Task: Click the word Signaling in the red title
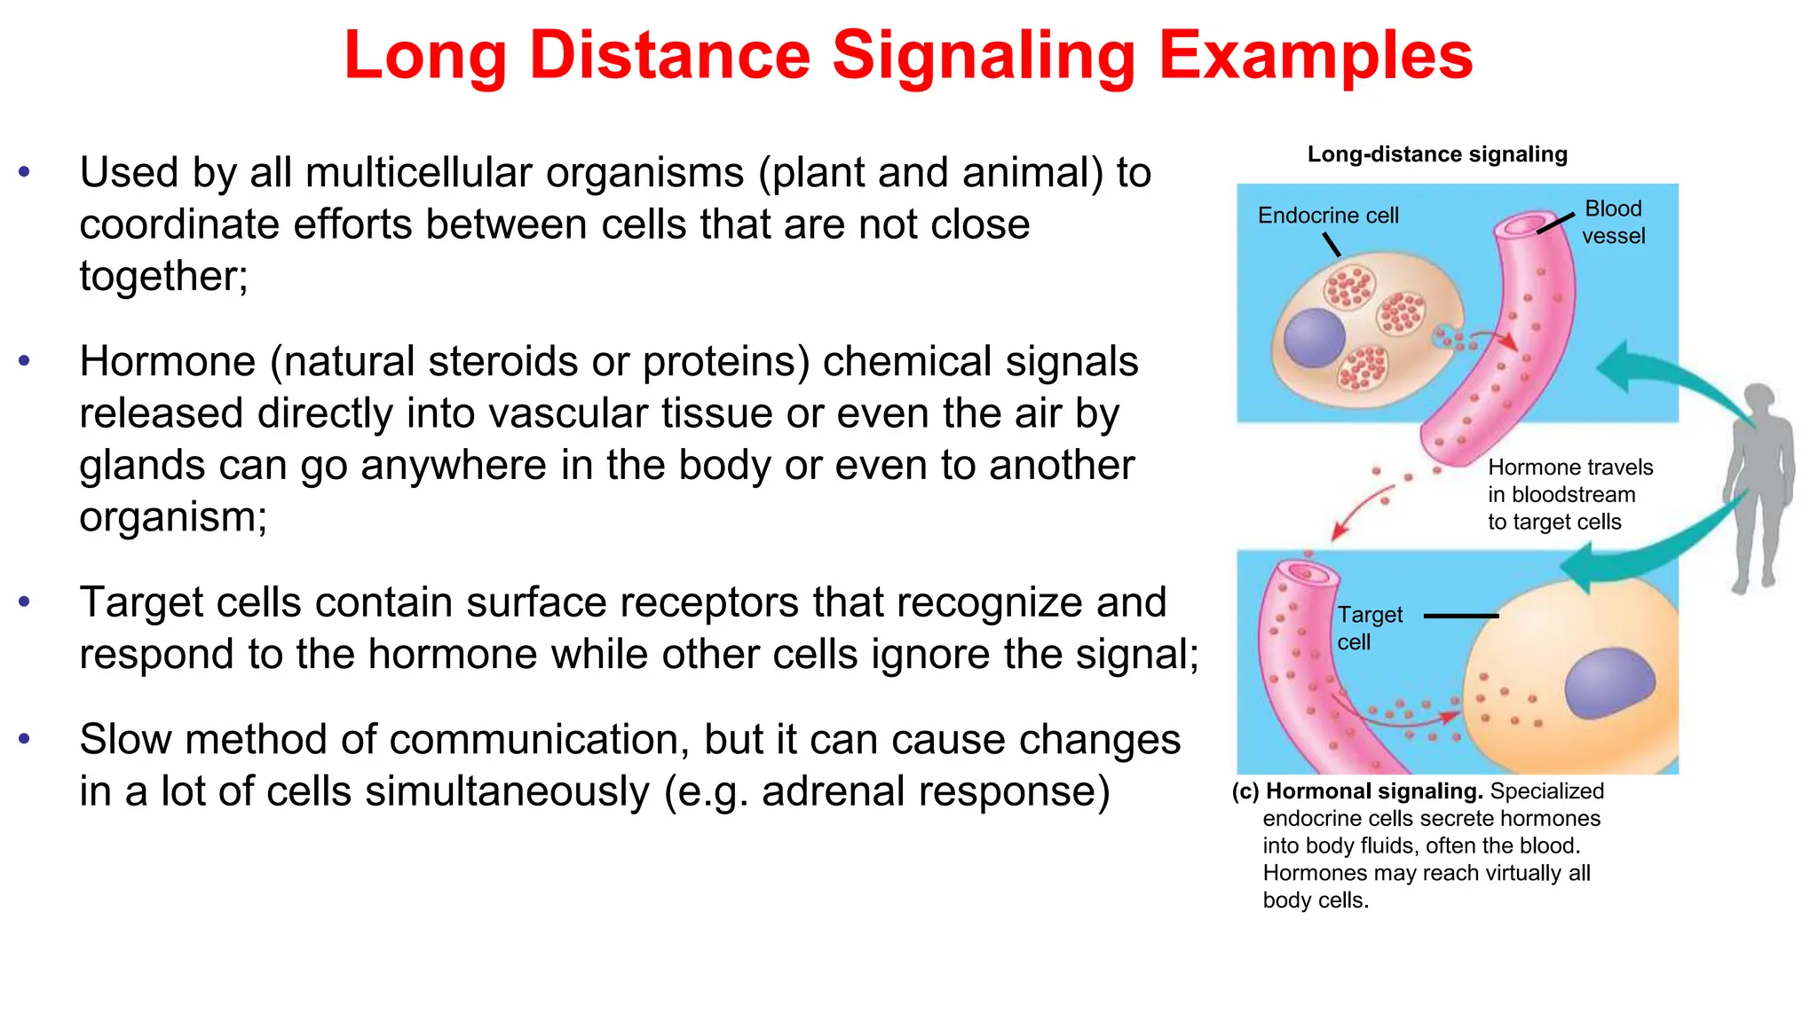(x=984, y=55)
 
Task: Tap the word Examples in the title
(x=1316, y=55)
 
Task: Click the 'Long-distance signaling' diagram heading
(x=1436, y=154)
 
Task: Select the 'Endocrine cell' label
(x=1327, y=216)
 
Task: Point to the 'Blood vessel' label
(x=1613, y=222)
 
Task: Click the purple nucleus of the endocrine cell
(x=1314, y=337)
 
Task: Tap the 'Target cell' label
(x=1369, y=627)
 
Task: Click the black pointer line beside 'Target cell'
(x=1460, y=615)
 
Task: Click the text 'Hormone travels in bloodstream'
(x=1569, y=481)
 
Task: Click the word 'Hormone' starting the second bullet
(x=167, y=362)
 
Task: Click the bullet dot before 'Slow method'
(x=24, y=738)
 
